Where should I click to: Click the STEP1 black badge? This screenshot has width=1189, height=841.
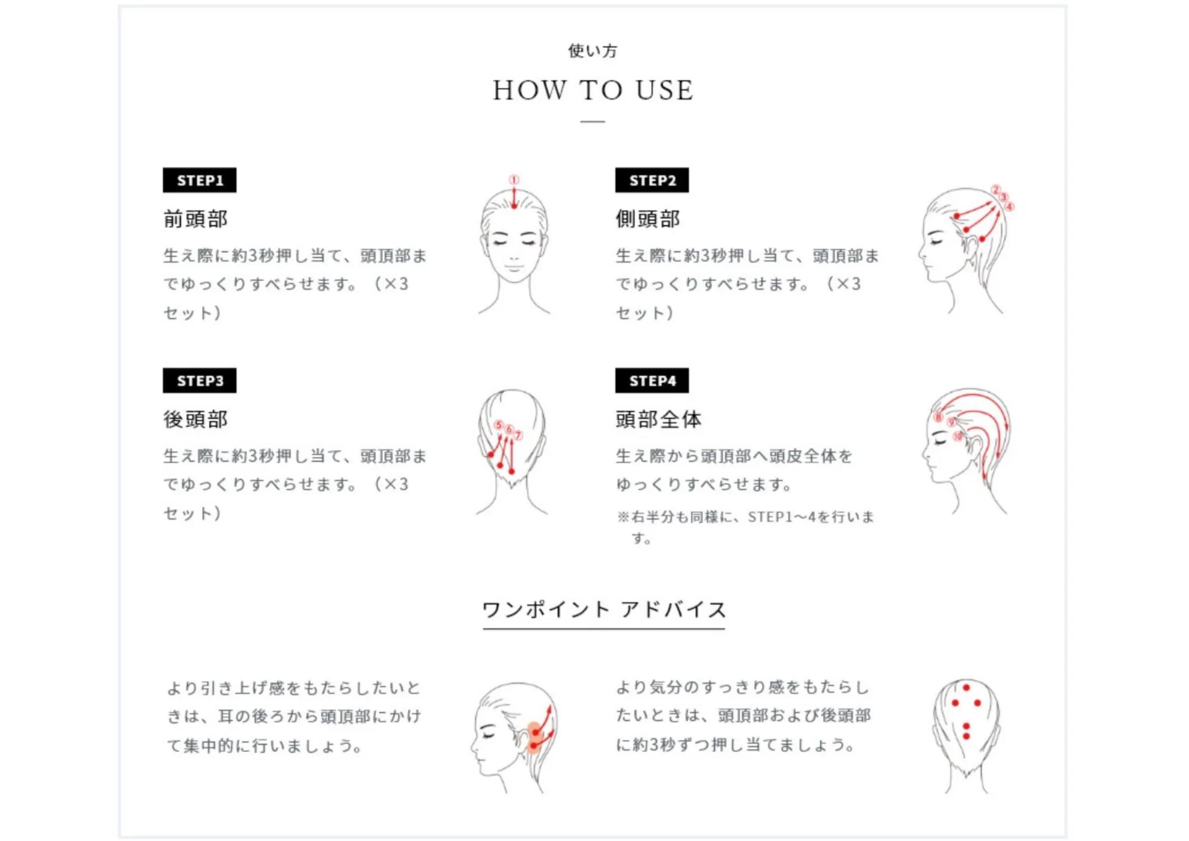click(199, 180)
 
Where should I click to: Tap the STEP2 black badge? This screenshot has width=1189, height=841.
click(652, 180)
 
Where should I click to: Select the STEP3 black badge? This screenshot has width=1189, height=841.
click(199, 381)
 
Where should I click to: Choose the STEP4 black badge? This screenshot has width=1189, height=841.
click(652, 381)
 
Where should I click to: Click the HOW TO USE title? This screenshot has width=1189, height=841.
click(593, 90)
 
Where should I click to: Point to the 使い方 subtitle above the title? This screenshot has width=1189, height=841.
click(593, 51)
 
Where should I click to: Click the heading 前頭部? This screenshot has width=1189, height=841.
click(196, 219)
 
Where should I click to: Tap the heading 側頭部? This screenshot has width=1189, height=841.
click(648, 219)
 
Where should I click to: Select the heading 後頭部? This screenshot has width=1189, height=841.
click(196, 419)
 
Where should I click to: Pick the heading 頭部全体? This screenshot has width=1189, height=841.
click(658, 419)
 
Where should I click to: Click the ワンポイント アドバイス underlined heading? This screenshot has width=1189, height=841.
click(603, 610)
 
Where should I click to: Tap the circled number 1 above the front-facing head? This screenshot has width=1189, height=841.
click(514, 179)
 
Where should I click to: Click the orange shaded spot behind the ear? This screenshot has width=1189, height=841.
click(534, 738)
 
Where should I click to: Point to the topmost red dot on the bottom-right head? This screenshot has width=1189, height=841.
click(966, 688)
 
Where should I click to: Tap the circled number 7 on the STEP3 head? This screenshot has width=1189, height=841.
click(518, 435)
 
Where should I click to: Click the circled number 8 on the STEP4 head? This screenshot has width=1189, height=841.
click(939, 416)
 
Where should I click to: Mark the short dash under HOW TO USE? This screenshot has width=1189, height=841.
click(593, 121)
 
